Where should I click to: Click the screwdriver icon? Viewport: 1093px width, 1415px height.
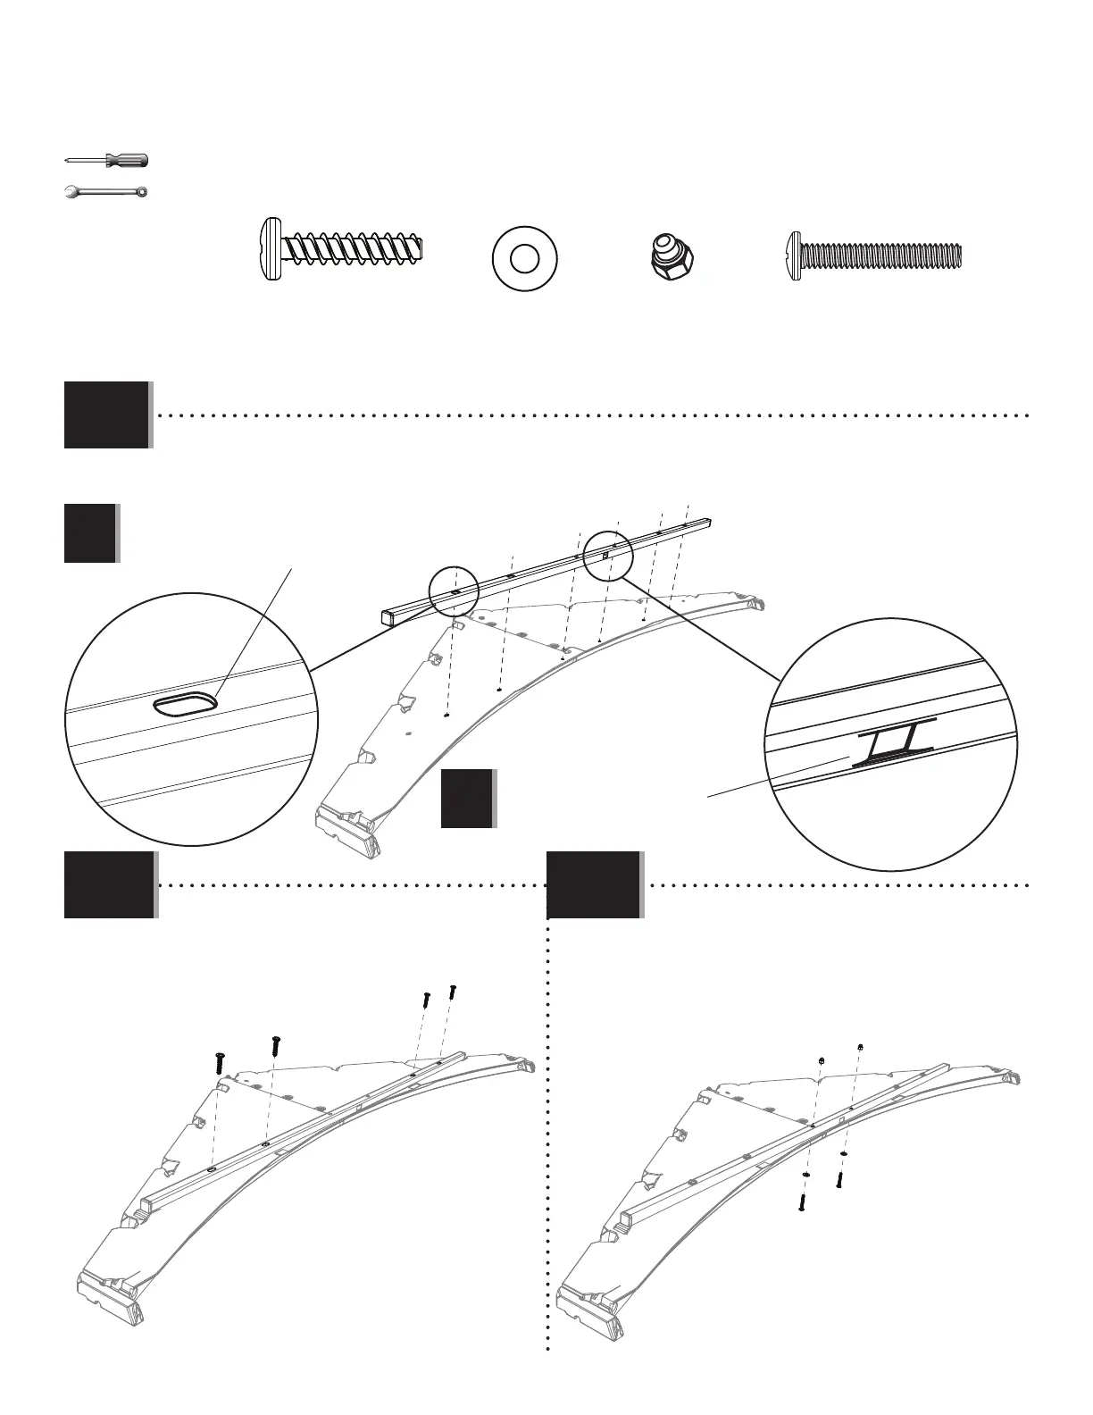click(x=107, y=161)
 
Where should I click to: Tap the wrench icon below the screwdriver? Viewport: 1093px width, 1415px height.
click(x=107, y=191)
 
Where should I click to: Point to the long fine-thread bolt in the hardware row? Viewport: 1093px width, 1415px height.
click(x=874, y=256)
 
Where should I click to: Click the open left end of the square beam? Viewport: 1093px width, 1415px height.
click(x=387, y=615)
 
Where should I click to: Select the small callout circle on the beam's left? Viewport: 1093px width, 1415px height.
click(x=454, y=591)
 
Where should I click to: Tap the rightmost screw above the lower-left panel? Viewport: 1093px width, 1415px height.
click(x=453, y=991)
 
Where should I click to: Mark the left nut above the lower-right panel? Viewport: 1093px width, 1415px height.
click(x=821, y=1059)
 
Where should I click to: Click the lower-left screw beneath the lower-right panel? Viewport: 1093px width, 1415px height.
click(x=802, y=1202)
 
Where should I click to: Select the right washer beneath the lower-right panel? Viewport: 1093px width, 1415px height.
click(x=844, y=1154)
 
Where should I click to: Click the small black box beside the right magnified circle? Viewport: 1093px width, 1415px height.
click(x=468, y=798)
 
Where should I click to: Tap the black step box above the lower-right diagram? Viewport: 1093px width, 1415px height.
click(x=594, y=884)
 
